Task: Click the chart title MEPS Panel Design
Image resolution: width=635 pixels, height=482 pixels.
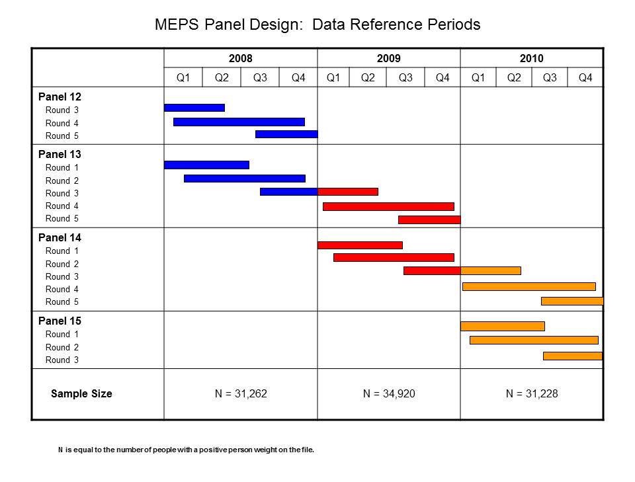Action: point(317,25)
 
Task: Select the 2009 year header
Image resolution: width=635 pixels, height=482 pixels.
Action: point(389,58)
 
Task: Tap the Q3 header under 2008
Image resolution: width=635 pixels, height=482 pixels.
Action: point(260,77)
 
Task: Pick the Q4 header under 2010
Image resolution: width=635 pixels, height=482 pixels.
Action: point(585,77)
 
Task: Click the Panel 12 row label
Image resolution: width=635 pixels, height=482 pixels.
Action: point(60,97)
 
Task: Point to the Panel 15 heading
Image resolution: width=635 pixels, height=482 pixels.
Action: point(60,321)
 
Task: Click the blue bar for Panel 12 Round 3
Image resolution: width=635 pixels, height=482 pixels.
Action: point(194,108)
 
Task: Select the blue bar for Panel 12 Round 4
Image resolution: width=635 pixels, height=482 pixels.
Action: point(239,122)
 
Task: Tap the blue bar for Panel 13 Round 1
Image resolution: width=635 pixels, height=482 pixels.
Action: point(206,165)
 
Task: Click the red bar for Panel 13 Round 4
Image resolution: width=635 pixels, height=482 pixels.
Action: point(388,206)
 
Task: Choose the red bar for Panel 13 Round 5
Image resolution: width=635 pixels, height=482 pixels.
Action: point(429,220)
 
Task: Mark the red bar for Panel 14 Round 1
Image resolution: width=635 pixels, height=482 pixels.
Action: point(360,245)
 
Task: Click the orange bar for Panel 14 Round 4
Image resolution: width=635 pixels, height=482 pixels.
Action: point(529,286)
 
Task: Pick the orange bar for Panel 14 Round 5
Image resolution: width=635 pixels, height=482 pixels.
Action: point(572,301)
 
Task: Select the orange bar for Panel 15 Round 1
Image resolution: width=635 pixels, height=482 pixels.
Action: point(503,326)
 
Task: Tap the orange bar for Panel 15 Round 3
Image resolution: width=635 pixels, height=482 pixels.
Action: point(573,356)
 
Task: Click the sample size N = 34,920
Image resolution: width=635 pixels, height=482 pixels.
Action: point(389,394)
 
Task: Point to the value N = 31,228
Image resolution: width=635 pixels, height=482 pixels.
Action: point(532,394)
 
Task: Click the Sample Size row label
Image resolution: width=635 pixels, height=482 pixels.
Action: point(81,394)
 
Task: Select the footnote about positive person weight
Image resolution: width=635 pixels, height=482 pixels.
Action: point(186,450)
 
